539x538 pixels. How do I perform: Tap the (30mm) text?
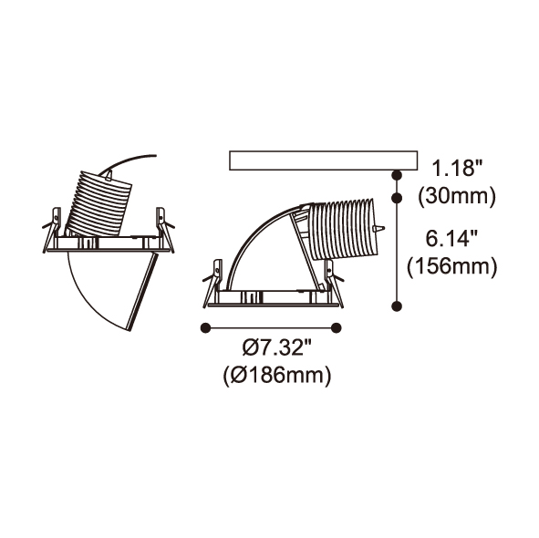click(457, 197)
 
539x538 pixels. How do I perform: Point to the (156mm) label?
click(452, 266)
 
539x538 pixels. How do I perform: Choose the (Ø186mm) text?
click(277, 376)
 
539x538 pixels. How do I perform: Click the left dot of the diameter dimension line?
click(205, 328)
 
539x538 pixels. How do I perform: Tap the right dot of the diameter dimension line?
click(337, 328)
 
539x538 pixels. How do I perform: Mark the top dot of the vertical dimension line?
click(397, 175)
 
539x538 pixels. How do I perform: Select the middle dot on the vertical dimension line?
click(397, 198)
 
